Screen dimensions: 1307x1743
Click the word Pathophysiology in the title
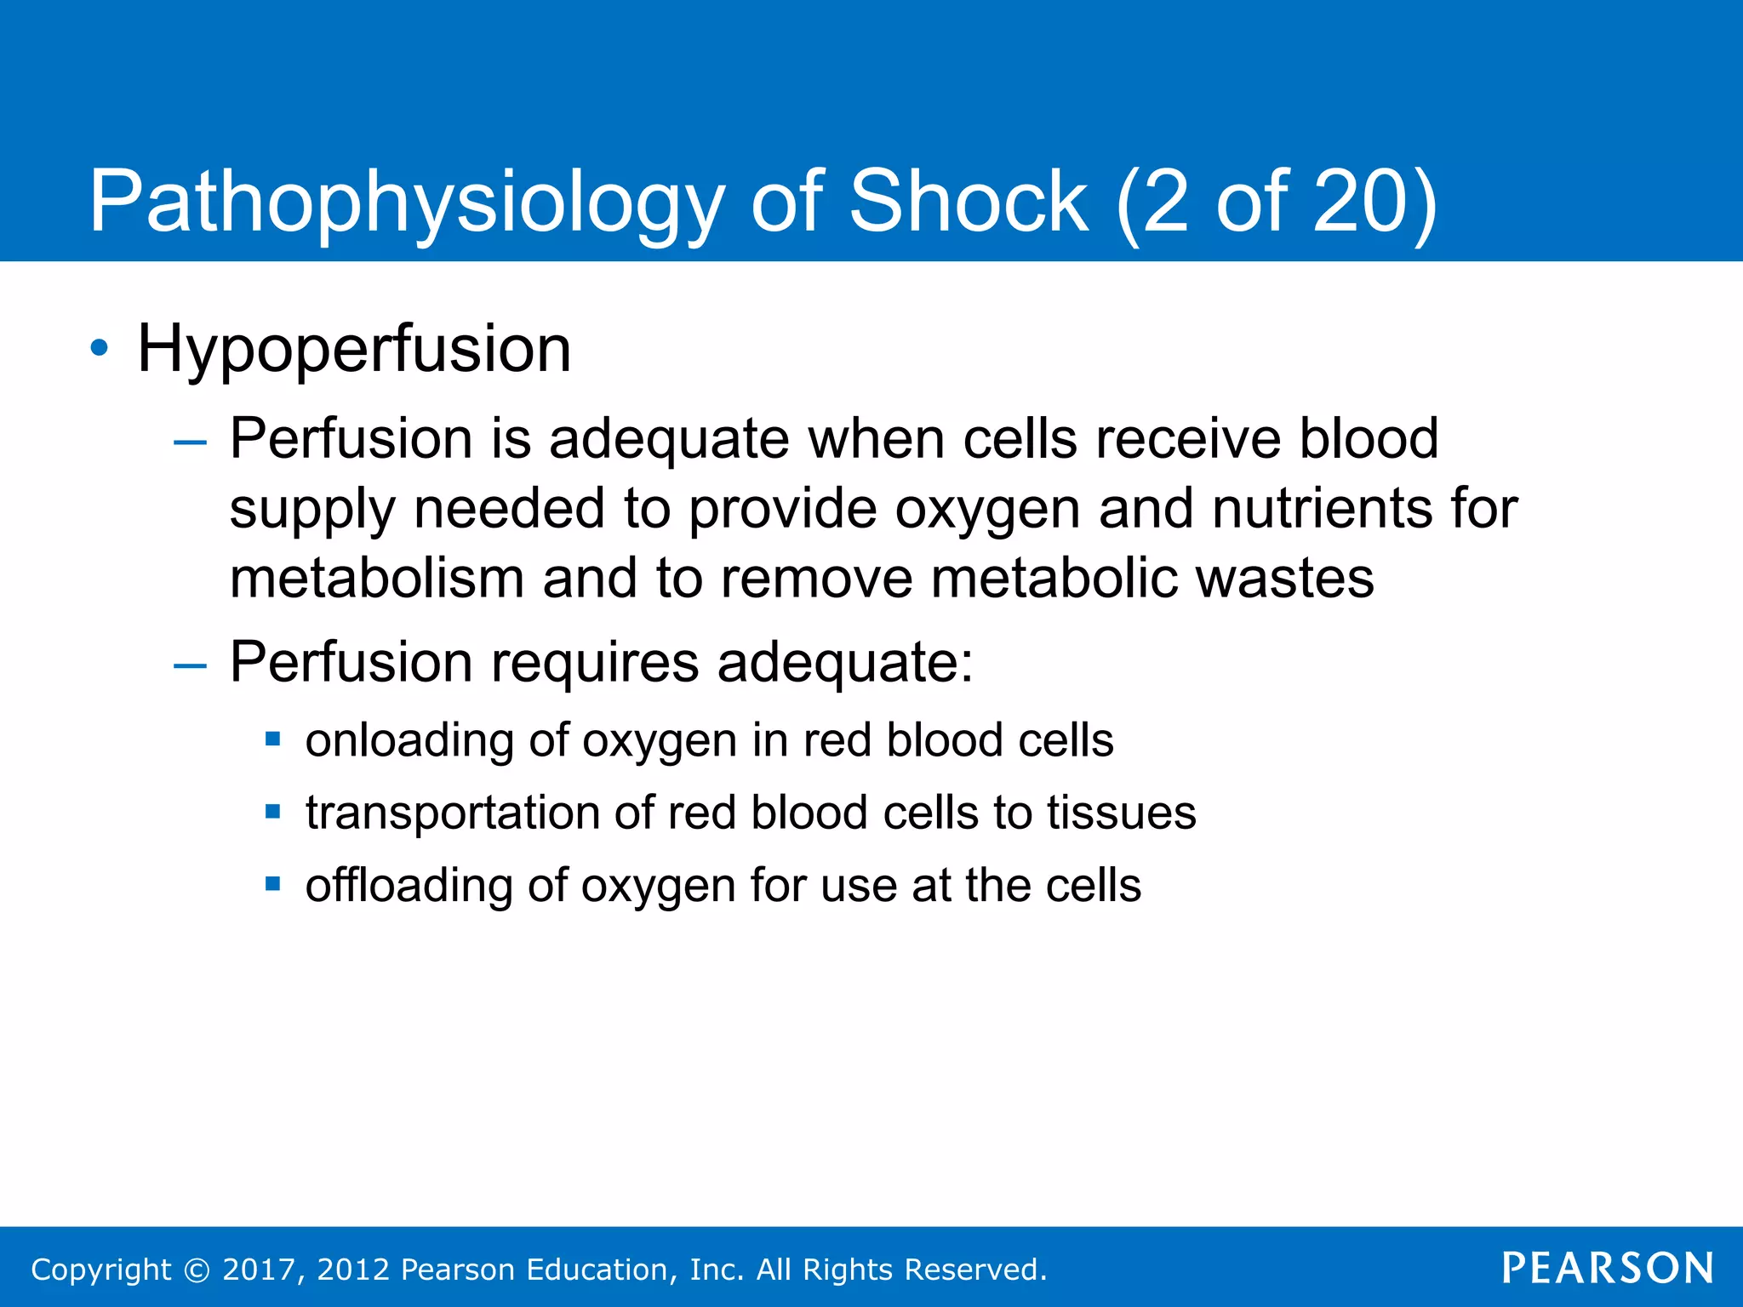(406, 202)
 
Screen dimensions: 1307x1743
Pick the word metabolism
(376, 578)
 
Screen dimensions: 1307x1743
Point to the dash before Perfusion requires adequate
(190, 665)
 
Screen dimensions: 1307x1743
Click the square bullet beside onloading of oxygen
(273, 739)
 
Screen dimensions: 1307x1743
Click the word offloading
(409, 885)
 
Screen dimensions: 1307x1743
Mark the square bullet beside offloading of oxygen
(273, 884)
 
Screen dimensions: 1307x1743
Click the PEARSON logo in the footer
(1608, 1268)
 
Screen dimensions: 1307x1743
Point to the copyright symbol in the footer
(197, 1270)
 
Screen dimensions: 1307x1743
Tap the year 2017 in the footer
(259, 1270)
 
